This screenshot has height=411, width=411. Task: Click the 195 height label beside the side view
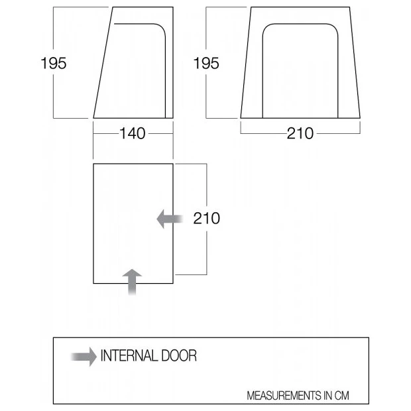(54, 64)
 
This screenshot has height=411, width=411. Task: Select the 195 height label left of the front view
(206, 64)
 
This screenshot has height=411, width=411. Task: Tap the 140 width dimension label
(133, 133)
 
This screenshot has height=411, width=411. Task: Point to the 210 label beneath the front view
(300, 133)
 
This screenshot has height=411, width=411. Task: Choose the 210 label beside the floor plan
(207, 218)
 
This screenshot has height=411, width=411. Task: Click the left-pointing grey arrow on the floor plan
(170, 219)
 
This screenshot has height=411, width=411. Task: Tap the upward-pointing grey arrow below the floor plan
(132, 282)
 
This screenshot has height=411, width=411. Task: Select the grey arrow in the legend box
(84, 357)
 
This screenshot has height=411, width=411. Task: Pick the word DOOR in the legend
(179, 356)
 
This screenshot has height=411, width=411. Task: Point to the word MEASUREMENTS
(284, 396)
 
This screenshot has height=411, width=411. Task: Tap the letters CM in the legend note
(342, 396)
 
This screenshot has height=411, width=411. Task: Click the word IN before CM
(327, 396)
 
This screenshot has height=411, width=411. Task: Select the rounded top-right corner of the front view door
(334, 28)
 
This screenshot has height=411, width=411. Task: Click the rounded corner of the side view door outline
(162, 28)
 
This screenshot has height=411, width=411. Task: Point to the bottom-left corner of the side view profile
(93, 118)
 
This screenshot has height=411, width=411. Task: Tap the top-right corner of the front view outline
(349, 7)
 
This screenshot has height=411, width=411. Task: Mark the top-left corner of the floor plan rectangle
(93, 164)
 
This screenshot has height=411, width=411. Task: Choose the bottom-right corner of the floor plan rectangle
(173, 283)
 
